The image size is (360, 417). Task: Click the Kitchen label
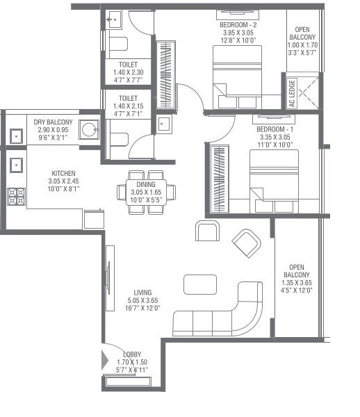[63, 173]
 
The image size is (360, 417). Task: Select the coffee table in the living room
[199, 284]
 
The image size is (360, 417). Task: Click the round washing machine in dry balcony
[88, 130]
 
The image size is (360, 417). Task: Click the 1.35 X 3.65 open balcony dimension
[297, 283]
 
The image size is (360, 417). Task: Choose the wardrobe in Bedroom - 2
[167, 74]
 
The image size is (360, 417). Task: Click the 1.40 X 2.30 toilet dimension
[127, 72]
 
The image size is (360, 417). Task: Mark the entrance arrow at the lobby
[106, 360]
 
